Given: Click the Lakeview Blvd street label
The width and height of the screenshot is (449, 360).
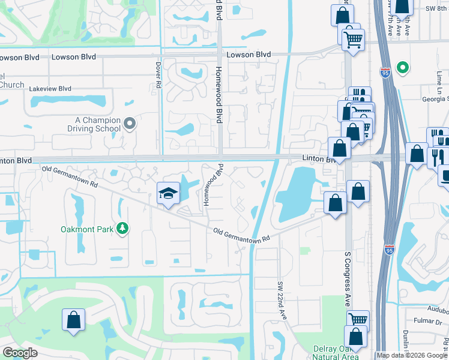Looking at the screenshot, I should pyautogui.click(x=50, y=88).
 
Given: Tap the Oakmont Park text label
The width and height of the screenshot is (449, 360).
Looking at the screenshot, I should pyautogui.click(x=88, y=229).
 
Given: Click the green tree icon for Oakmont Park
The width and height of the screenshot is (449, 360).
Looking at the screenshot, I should pyautogui.click(x=122, y=228).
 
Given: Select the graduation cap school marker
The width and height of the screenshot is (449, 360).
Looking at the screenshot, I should pyautogui.click(x=169, y=193).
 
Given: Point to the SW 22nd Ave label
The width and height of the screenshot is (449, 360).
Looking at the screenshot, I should pyautogui.click(x=280, y=297).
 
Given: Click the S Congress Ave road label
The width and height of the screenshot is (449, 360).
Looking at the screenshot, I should pyautogui.click(x=347, y=279).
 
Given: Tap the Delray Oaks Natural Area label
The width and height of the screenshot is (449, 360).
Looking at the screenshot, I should pyautogui.click(x=336, y=353).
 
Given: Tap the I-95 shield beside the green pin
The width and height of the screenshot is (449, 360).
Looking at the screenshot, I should pyautogui.click(x=385, y=73).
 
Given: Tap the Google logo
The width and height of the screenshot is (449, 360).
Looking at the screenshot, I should pyautogui.click(x=20, y=353).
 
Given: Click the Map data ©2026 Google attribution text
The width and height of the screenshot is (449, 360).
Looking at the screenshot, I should pyautogui.click(x=411, y=355).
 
